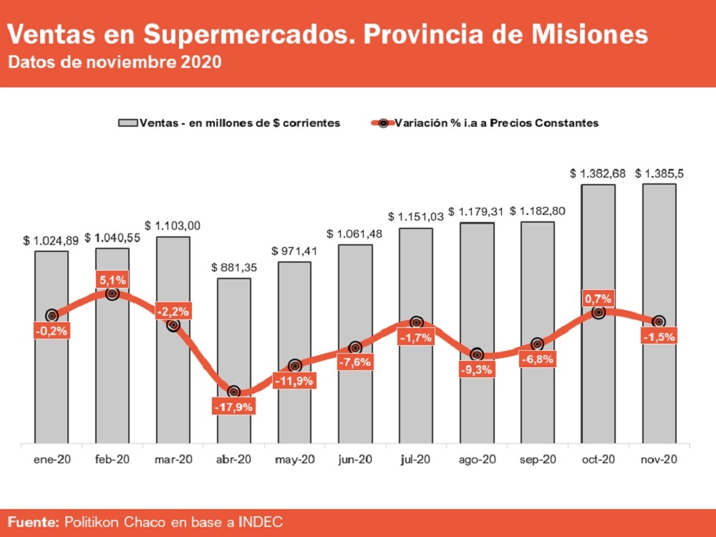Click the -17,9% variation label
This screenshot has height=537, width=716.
click(x=233, y=407)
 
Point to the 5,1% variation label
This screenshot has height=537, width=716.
click(x=112, y=280)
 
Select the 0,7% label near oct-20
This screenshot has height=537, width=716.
click(x=598, y=299)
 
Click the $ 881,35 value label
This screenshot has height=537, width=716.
click(x=235, y=267)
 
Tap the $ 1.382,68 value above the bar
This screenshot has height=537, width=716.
click(x=598, y=173)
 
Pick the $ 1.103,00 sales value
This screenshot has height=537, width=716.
click(x=173, y=226)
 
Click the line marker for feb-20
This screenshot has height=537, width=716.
click(x=112, y=294)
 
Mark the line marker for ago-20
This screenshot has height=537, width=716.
click(x=477, y=355)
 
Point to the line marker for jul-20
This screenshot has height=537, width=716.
click(x=416, y=323)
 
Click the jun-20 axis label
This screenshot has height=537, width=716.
click(x=355, y=459)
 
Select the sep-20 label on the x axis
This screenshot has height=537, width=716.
click(x=538, y=459)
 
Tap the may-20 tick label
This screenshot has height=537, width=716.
click(x=294, y=459)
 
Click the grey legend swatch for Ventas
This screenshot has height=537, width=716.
click(x=127, y=123)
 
